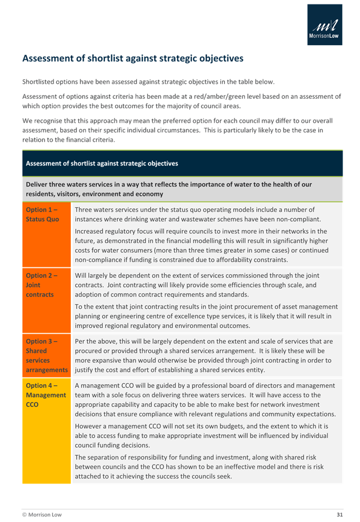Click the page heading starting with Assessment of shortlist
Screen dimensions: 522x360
point(132,59)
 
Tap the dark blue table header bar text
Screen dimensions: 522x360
point(102,164)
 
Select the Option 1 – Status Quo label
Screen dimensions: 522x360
point(42,214)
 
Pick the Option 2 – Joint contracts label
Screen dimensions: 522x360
point(41,285)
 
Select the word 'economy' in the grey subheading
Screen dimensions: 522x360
point(149,194)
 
